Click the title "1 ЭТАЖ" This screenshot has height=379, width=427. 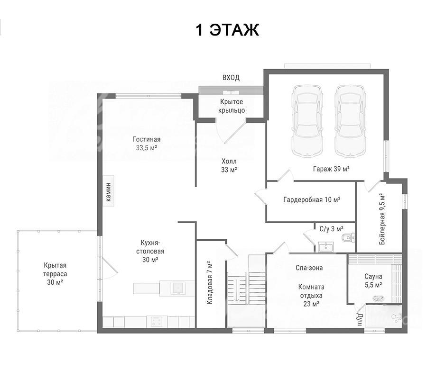[x=227, y=30]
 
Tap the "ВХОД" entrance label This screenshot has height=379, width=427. [x=231, y=78]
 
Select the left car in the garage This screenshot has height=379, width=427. [x=307, y=121]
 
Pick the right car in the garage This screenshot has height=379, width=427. [x=350, y=121]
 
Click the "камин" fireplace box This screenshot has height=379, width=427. [x=108, y=191]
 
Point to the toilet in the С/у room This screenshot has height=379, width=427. [x=348, y=237]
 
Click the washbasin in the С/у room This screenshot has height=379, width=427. [x=325, y=247]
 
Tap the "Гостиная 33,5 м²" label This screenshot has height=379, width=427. [x=147, y=144]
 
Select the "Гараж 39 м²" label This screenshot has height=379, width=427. [x=331, y=169]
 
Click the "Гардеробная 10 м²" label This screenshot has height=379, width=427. [x=312, y=200]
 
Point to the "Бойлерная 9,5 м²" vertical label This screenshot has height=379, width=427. [x=382, y=219]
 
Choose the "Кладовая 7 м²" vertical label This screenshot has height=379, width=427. [x=209, y=283]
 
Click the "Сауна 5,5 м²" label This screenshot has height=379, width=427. [x=373, y=281]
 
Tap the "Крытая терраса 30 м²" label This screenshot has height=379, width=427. [x=55, y=274]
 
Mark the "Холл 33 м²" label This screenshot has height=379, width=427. [x=229, y=165]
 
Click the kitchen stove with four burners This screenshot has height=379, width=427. [x=157, y=322]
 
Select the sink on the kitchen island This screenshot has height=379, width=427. [x=178, y=288]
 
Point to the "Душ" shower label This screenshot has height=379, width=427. [x=360, y=319]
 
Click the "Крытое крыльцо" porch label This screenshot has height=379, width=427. [x=232, y=106]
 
